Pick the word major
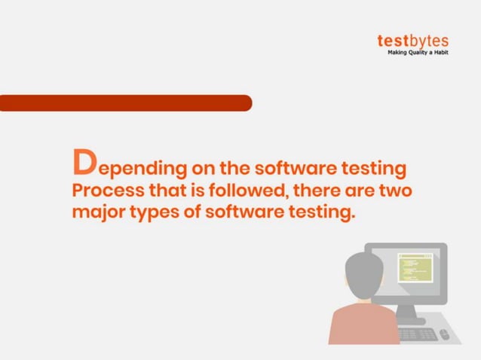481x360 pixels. [x=97, y=213]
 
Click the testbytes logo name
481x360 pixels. [x=412, y=41]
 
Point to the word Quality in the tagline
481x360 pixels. [x=419, y=53]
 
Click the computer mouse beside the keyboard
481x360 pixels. [x=445, y=334]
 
